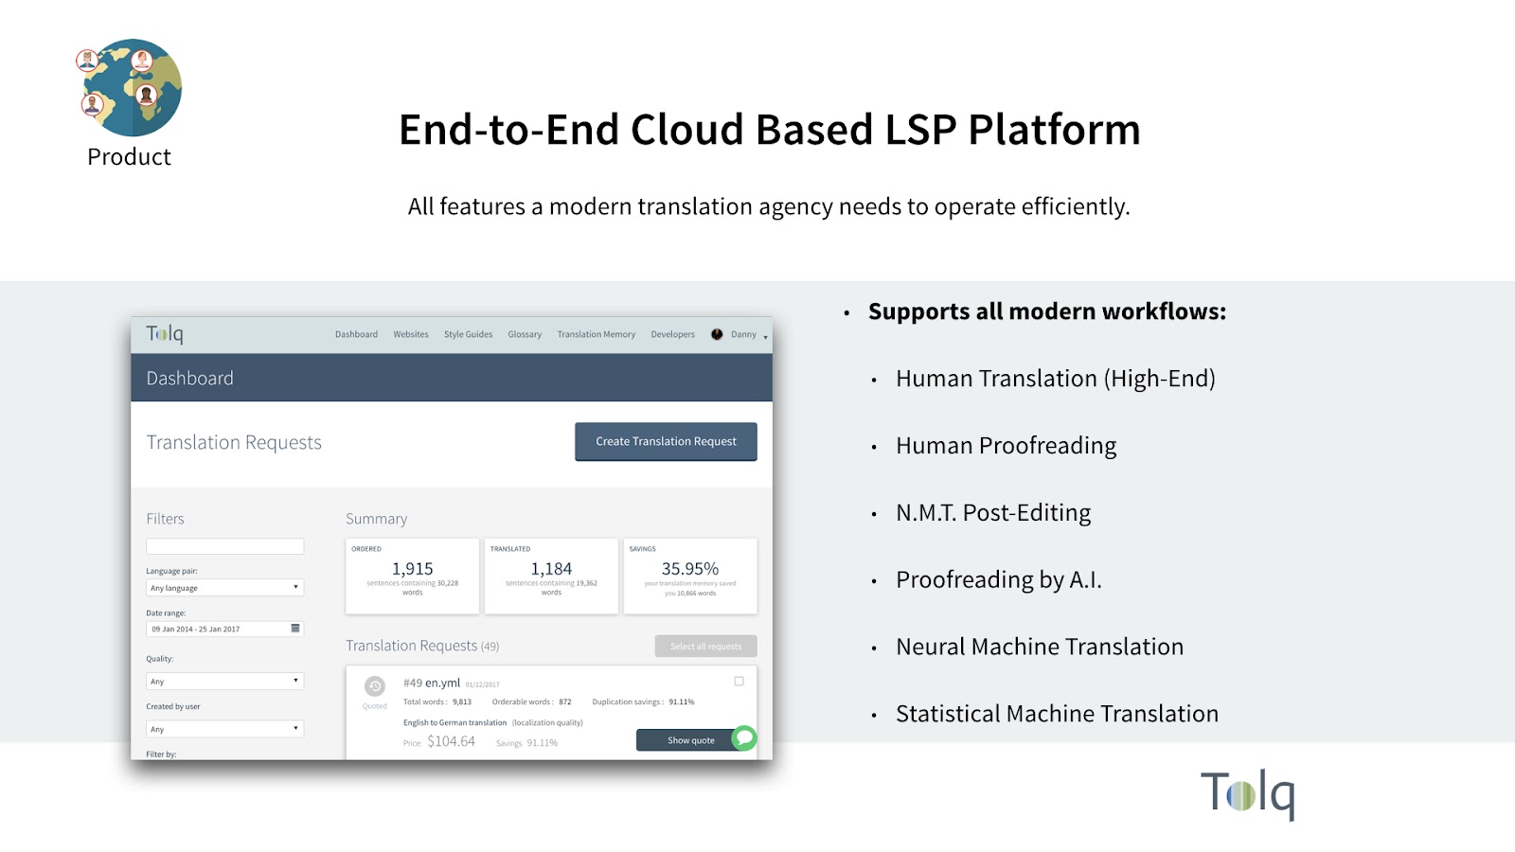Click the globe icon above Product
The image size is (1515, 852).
[x=131, y=88]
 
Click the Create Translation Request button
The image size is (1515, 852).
[x=666, y=442]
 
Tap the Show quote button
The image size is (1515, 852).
[x=690, y=740]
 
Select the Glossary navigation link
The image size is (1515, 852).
[x=525, y=334]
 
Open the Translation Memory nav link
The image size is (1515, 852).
[x=596, y=334]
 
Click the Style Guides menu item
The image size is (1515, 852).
[x=468, y=334]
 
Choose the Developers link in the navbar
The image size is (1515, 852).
[x=672, y=334]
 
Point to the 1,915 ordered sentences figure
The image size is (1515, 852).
[x=413, y=569]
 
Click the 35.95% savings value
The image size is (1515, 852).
[x=690, y=569]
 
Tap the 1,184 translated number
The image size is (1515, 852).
[x=551, y=569]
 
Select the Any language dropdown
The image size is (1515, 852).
[x=224, y=588]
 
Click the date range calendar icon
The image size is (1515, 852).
[x=295, y=629]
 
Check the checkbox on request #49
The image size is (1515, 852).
[x=740, y=681]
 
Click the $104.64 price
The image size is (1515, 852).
[x=451, y=741]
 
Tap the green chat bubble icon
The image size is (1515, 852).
[x=745, y=737]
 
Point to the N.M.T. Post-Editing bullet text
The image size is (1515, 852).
[x=993, y=513]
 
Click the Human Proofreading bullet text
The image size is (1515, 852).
[x=1006, y=446]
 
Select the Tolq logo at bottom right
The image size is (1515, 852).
[x=1247, y=793]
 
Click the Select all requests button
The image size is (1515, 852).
[x=705, y=647]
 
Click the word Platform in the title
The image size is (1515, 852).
[x=1054, y=130]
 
